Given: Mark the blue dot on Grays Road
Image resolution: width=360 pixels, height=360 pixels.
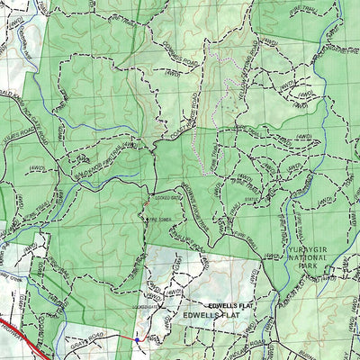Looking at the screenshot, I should [136, 339].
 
